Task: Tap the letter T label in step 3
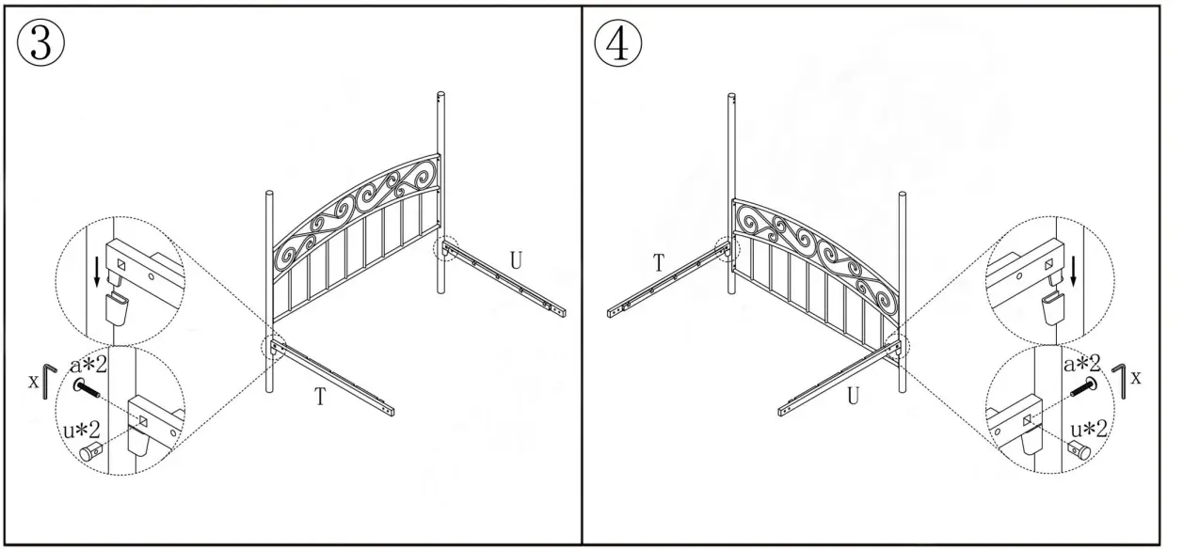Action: point(320,397)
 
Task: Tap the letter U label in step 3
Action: point(517,259)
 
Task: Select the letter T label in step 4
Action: point(659,264)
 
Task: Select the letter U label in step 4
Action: point(853,396)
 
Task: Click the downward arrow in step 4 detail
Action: point(1075,270)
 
